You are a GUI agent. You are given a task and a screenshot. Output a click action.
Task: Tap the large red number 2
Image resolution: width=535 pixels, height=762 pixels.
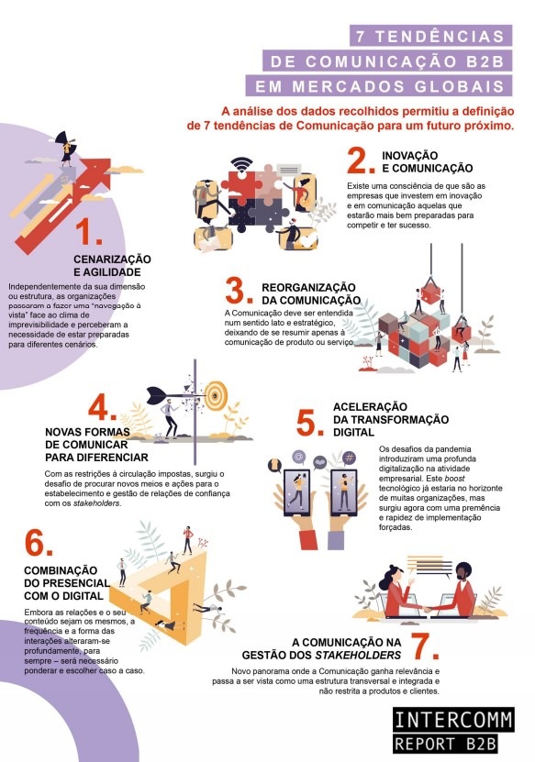(x=361, y=160)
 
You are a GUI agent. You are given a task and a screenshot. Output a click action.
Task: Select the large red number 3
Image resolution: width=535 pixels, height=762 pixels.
(x=239, y=290)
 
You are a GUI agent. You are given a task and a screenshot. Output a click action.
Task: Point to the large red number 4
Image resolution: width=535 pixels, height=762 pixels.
(x=102, y=406)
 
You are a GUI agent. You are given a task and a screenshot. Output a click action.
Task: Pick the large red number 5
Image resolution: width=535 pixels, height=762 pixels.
(x=310, y=423)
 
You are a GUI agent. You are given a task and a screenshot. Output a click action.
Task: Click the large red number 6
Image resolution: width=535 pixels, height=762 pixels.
(x=39, y=542)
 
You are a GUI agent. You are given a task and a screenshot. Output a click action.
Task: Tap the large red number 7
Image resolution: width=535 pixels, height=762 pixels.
(x=425, y=646)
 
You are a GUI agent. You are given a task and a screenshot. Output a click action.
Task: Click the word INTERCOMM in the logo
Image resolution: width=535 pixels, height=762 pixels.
(x=453, y=720)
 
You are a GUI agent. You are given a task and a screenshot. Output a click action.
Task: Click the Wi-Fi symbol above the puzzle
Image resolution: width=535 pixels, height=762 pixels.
(x=241, y=165)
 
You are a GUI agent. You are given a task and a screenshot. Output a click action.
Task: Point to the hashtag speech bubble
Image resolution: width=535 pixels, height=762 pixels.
(x=349, y=458)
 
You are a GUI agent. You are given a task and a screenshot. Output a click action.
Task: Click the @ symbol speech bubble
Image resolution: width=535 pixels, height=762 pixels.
(x=298, y=457)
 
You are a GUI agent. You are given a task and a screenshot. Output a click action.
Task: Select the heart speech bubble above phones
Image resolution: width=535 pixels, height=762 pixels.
(x=319, y=462)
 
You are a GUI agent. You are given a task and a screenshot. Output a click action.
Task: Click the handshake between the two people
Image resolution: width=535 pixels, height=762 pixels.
(x=428, y=609)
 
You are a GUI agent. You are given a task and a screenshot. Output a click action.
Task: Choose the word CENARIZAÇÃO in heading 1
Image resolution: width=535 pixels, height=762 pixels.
(x=112, y=259)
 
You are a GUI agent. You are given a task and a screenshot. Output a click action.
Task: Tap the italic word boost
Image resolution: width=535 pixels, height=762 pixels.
(x=455, y=478)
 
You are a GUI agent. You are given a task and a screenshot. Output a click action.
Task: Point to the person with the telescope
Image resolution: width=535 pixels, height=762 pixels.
(x=67, y=148)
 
